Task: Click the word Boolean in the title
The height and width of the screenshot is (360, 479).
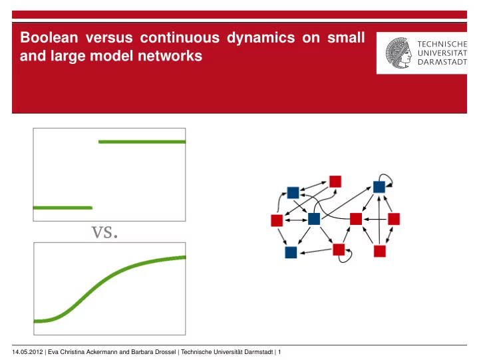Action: click(x=49, y=37)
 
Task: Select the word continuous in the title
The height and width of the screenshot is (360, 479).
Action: click(x=180, y=37)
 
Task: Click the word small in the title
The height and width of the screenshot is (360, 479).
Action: click(x=346, y=37)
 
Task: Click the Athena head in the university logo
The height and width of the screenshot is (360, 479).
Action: click(x=399, y=53)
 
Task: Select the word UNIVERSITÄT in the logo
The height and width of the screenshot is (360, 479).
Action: click(x=442, y=53)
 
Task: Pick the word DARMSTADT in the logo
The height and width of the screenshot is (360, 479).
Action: click(x=442, y=62)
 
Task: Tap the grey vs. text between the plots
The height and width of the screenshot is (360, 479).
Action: click(x=104, y=232)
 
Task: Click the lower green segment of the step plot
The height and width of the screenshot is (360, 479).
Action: click(x=63, y=208)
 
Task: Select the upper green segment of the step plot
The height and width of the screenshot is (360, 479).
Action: click(x=142, y=142)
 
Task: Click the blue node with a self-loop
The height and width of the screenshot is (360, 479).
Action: click(x=379, y=187)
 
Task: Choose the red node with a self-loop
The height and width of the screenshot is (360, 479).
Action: click(x=339, y=250)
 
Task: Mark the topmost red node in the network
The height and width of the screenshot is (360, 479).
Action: click(x=335, y=182)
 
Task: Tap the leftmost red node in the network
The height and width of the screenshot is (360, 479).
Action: click(x=277, y=220)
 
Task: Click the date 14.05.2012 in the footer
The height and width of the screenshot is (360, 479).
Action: click(x=27, y=352)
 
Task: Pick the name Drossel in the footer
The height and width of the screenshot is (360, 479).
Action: click(x=165, y=352)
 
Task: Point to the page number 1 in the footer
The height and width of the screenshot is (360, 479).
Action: click(x=279, y=352)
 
